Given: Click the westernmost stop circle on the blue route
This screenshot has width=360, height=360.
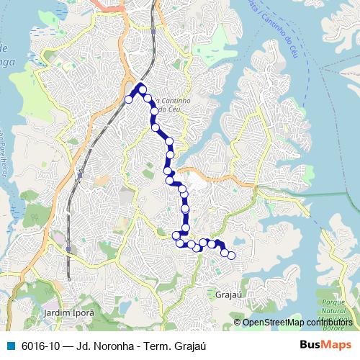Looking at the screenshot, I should [x=129, y=99].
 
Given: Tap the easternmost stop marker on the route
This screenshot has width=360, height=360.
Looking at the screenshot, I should [x=231, y=255].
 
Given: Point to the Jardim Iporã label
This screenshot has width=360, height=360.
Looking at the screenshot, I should [x=69, y=314].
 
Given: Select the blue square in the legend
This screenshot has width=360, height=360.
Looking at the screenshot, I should [x=10, y=345].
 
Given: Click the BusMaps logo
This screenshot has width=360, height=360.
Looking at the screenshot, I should [x=325, y=345].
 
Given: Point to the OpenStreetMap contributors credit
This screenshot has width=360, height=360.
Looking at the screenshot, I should [x=297, y=323].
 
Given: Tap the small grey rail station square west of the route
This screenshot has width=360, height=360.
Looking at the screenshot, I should [x=80, y=174].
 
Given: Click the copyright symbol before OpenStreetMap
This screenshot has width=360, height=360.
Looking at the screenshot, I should [x=238, y=323].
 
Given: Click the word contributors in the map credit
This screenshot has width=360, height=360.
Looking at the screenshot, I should [x=329, y=323].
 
